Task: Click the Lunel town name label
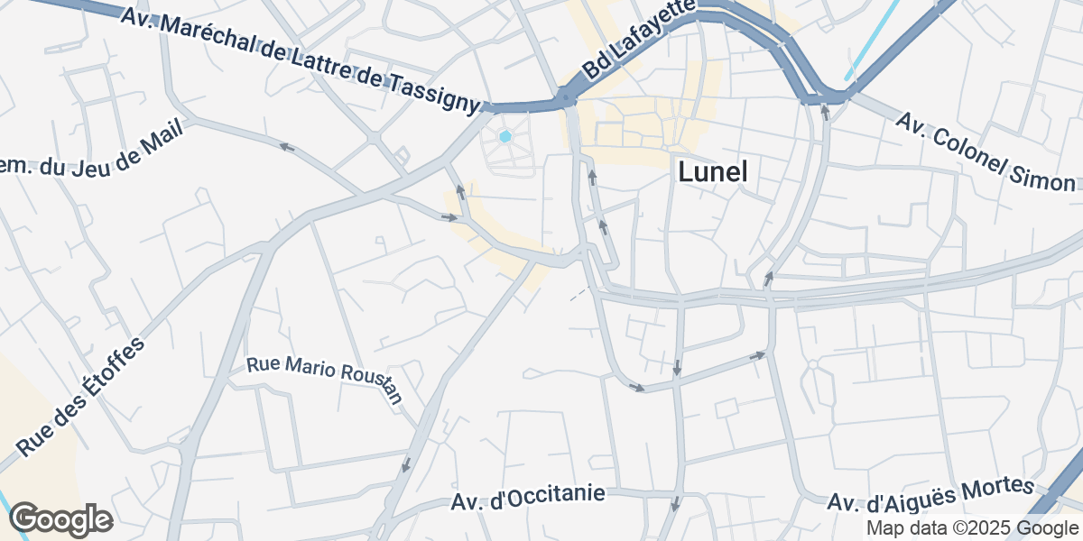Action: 712,171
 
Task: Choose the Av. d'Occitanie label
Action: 528,497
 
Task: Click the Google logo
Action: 60,519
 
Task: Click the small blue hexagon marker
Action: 505,136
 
